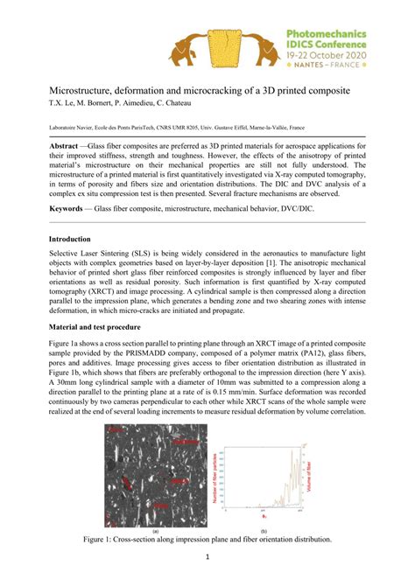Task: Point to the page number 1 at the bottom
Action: point(207,557)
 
